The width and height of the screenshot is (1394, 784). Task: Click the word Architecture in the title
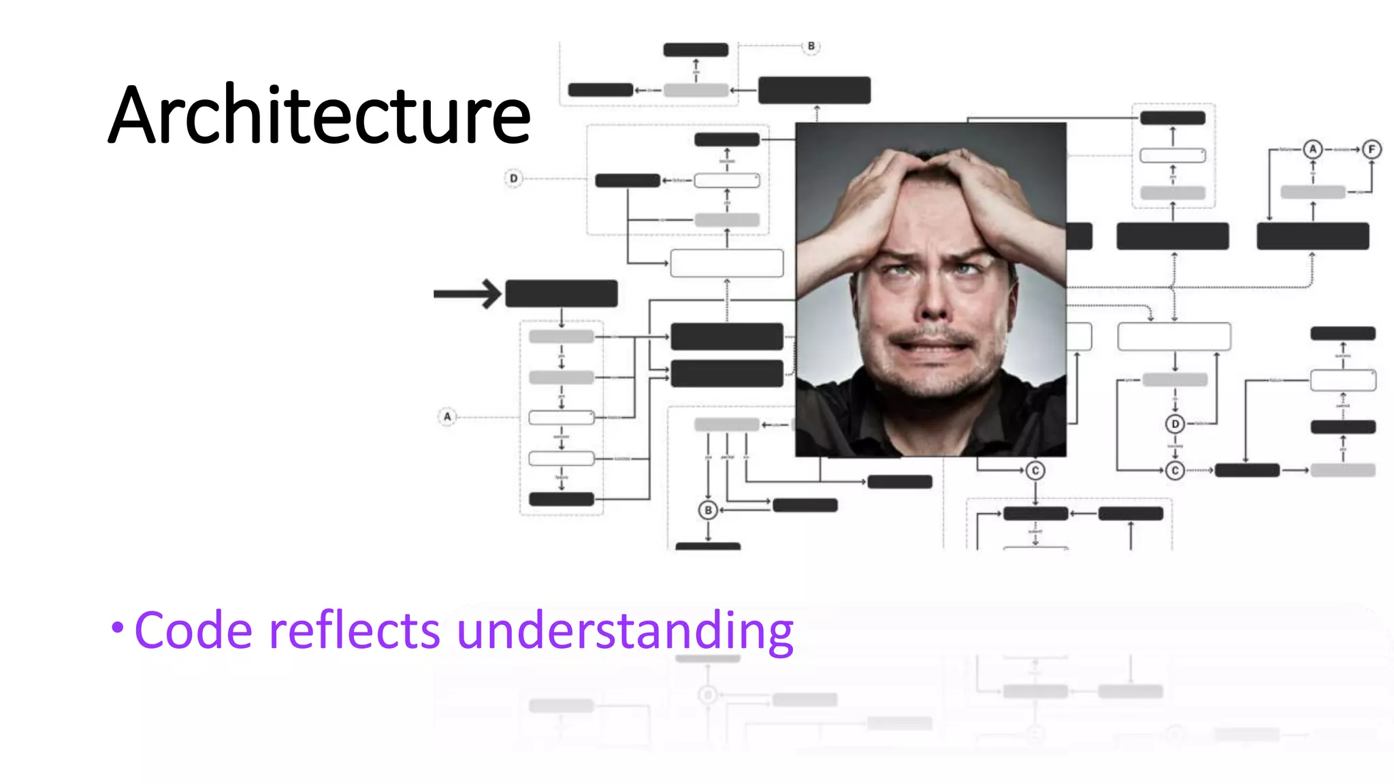point(319,114)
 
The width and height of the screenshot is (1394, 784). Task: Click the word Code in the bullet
point(194,631)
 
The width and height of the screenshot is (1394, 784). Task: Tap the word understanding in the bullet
point(624,631)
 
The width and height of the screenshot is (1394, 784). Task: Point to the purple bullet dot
point(118,627)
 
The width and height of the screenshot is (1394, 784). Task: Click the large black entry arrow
point(468,294)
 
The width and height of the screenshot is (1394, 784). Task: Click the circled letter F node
point(1372,149)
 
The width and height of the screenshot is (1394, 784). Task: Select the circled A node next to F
point(1312,149)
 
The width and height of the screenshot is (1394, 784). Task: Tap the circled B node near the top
point(811,46)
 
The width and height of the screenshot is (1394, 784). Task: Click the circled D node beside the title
point(514,178)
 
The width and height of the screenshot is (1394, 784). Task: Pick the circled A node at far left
point(447,416)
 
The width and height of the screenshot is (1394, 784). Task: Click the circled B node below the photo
point(708,510)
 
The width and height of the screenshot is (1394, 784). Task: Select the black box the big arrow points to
point(562,294)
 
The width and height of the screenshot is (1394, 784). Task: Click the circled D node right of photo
point(1175,424)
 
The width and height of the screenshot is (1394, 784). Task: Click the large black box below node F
point(1312,236)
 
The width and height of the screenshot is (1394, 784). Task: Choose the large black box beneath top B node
point(814,91)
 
